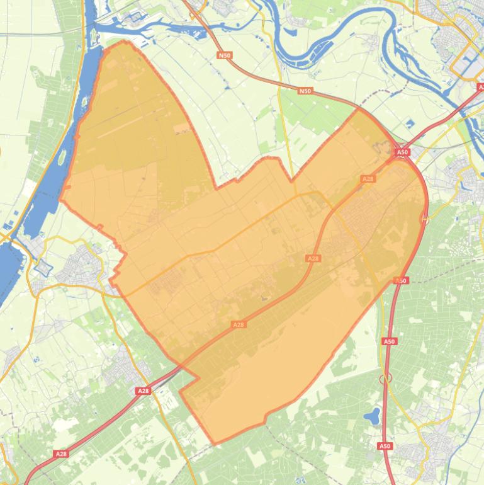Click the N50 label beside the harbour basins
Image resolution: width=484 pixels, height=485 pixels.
click(225, 55)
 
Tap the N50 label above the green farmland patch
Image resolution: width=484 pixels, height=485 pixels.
click(305, 91)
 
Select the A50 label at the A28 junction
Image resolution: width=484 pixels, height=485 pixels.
click(402, 152)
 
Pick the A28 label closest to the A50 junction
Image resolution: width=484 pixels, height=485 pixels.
click(368, 179)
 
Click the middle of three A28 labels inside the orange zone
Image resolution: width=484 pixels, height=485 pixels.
click(313, 258)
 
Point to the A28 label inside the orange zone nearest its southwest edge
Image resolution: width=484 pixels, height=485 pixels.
click(238, 324)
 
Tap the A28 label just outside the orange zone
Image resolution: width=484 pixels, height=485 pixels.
click(144, 391)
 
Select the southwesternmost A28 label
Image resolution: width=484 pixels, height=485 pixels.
click(61, 454)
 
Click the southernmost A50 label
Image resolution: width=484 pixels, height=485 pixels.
click(385, 446)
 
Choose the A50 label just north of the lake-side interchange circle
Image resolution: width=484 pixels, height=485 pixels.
click(389, 341)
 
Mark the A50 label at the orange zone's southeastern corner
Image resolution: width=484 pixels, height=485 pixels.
click(401, 280)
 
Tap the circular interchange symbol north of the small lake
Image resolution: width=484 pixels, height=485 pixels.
click(386, 378)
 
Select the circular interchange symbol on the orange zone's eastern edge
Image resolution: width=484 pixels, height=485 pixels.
click(425, 220)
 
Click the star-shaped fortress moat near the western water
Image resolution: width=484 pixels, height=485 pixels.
click(43, 267)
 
